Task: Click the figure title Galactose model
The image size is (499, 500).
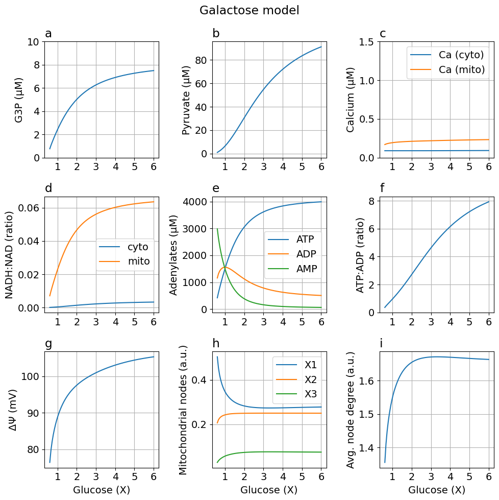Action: (249, 10)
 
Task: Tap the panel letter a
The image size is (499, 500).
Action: (48, 34)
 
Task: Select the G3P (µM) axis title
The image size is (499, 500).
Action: (19, 100)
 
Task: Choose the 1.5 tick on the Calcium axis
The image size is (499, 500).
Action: (367, 42)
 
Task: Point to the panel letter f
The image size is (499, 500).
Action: (383, 188)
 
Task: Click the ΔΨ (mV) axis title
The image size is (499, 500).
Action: (14, 410)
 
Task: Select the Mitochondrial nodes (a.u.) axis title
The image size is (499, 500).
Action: (184, 410)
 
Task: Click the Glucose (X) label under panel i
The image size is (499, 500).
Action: (437, 490)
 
